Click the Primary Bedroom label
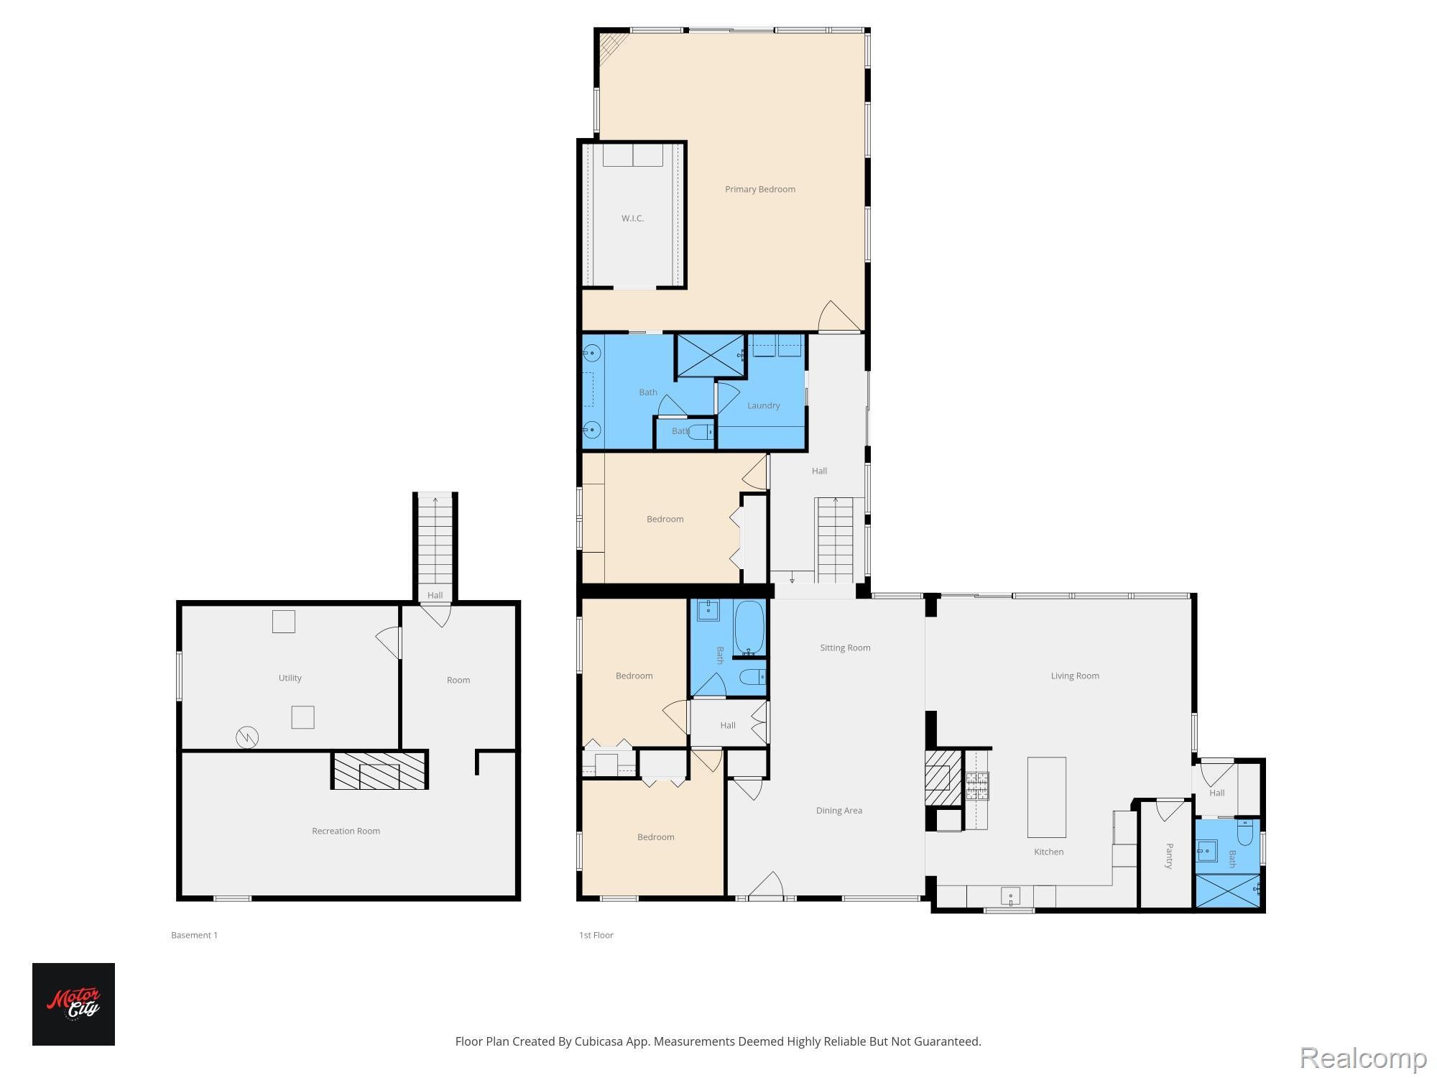click(759, 189)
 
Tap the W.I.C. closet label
click(632, 218)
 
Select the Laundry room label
click(763, 405)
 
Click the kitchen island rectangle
click(1046, 797)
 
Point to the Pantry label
click(1169, 856)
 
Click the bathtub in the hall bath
click(749, 627)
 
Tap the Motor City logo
click(73, 1003)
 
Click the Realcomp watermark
click(1363, 1058)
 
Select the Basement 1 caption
click(194, 935)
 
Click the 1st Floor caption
click(596, 935)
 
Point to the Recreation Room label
click(346, 831)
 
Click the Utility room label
click(290, 678)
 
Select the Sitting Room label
click(845, 648)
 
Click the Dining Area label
click(838, 811)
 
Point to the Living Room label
click(1074, 676)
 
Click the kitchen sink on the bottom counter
click(1010, 896)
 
